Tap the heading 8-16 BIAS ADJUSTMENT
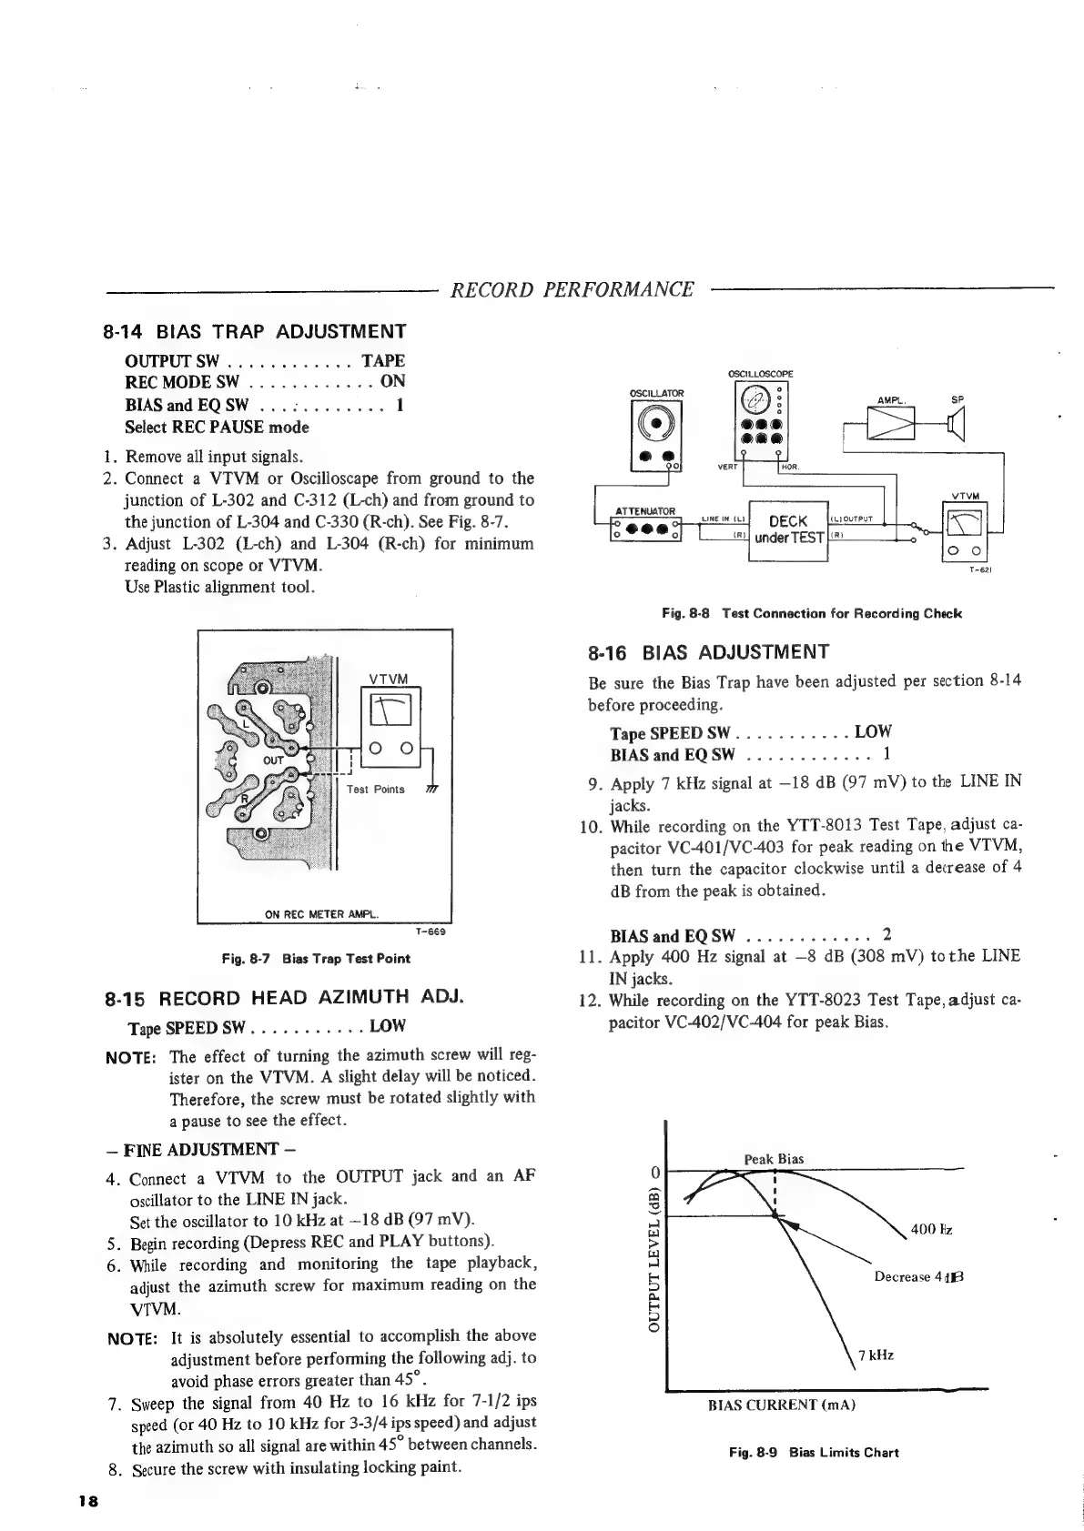(x=709, y=651)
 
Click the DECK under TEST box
(x=787, y=529)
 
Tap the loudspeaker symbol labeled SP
(x=955, y=424)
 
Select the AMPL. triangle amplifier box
(x=892, y=424)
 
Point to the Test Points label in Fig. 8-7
(x=376, y=789)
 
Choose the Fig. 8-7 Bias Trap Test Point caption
(x=316, y=958)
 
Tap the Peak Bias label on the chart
(x=774, y=1159)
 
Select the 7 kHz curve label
(x=876, y=1355)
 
